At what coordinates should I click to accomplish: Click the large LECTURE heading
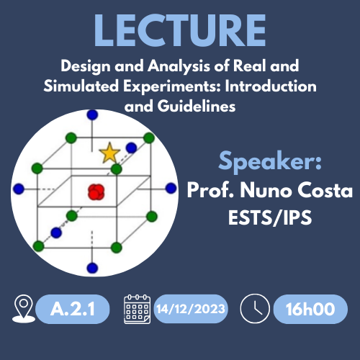[180, 30]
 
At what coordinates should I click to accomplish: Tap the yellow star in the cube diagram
[109, 153]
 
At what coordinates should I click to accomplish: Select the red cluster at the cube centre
[96, 192]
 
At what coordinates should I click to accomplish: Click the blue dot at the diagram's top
[92, 114]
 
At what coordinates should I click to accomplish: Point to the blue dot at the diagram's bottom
[92, 268]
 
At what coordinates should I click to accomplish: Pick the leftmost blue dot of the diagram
[19, 189]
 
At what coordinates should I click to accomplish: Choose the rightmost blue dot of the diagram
[171, 188]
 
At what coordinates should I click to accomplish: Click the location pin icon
[24, 309]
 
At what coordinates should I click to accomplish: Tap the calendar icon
[138, 309]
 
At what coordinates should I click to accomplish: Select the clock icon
[255, 309]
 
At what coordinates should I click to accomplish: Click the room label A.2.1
[73, 309]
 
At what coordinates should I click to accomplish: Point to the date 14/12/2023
[191, 309]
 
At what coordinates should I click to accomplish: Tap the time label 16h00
[310, 309]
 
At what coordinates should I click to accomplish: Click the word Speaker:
[270, 161]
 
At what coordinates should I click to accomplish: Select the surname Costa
[325, 190]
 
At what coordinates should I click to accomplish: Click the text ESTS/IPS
[270, 217]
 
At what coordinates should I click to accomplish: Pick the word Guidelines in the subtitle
[197, 107]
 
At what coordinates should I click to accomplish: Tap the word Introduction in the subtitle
[271, 86]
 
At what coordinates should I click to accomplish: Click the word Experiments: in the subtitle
[172, 86]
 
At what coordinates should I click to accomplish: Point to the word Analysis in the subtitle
[179, 66]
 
